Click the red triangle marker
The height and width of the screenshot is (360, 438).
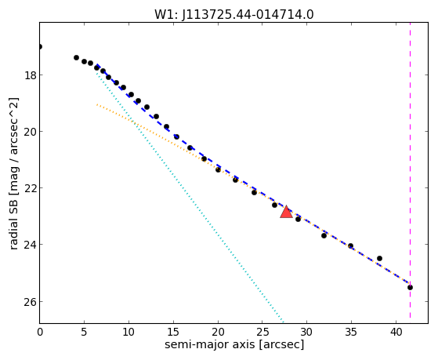(x=286, y=212)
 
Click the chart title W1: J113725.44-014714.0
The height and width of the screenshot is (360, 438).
(x=234, y=14)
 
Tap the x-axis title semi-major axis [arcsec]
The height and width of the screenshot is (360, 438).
(x=234, y=344)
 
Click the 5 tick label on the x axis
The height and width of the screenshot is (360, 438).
(x=84, y=333)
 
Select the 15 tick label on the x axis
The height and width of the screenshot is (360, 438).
(x=173, y=333)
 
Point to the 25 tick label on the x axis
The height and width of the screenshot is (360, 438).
(x=262, y=333)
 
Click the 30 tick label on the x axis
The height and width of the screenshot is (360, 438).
(x=306, y=333)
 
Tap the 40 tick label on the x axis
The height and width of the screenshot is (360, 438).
(x=396, y=333)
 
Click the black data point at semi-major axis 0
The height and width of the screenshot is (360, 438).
(x=40, y=46)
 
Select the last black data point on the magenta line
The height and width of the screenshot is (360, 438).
(x=410, y=287)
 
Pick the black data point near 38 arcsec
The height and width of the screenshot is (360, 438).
(x=379, y=258)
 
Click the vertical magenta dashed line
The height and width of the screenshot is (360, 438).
(x=410, y=170)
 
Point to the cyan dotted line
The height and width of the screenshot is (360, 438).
(x=190, y=196)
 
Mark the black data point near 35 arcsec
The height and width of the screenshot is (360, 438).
(x=350, y=245)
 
